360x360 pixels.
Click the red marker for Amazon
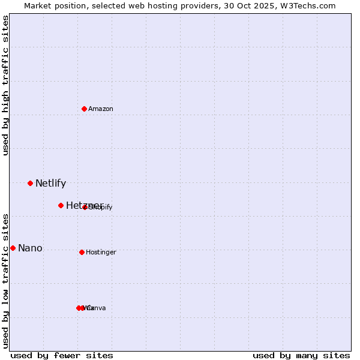tap(85, 109)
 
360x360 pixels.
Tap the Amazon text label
tap(100, 109)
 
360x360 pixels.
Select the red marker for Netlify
tap(30, 183)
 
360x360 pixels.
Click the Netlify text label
tap(50, 184)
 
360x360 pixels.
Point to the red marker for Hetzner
tap(61, 205)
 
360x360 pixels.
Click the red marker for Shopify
tap(85, 208)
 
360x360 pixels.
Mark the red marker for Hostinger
tap(82, 252)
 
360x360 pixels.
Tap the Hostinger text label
tap(101, 252)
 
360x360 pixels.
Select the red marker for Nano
tap(13, 248)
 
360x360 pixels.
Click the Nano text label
tap(30, 248)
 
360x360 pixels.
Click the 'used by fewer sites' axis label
tap(62, 355)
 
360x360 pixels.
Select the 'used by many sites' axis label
tap(301, 355)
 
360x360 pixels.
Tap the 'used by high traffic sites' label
tap(6, 85)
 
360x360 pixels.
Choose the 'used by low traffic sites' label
tap(6, 281)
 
